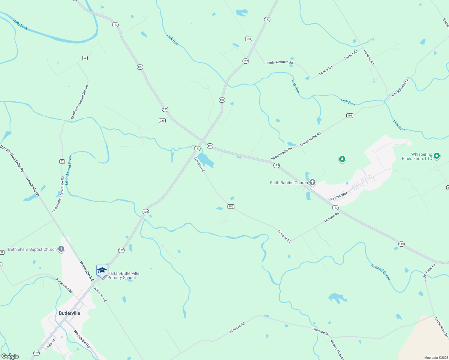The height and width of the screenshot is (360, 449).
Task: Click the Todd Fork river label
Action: point(20,24)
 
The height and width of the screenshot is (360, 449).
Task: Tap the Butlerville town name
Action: point(69,313)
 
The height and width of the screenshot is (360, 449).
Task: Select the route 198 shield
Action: point(249,39)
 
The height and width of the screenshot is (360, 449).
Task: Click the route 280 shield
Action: point(162,121)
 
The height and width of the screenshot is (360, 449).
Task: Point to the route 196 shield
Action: point(350,115)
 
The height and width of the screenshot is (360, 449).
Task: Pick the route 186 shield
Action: point(231,206)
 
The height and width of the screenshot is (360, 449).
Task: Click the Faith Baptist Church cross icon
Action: point(312,182)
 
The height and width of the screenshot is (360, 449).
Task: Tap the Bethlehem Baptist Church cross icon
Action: point(61,249)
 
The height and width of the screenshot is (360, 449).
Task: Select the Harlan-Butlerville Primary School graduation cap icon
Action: point(102,271)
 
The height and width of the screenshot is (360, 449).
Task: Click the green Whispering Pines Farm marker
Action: point(437,156)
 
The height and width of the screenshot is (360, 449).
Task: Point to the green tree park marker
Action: point(342,159)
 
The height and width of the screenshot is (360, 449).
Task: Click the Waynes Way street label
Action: point(338,196)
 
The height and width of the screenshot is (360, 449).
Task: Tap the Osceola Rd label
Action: point(369,57)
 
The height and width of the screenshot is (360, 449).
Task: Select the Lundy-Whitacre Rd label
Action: point(279,62)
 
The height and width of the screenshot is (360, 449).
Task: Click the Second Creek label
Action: point(381,272)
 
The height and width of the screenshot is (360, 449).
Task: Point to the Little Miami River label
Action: point(68,170)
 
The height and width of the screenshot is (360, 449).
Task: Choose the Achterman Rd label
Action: point(64,286)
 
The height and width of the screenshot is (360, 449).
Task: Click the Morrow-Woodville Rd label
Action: point(12,158)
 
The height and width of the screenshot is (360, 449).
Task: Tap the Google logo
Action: point(10,356)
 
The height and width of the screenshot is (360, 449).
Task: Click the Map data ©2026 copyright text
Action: point(435,358)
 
